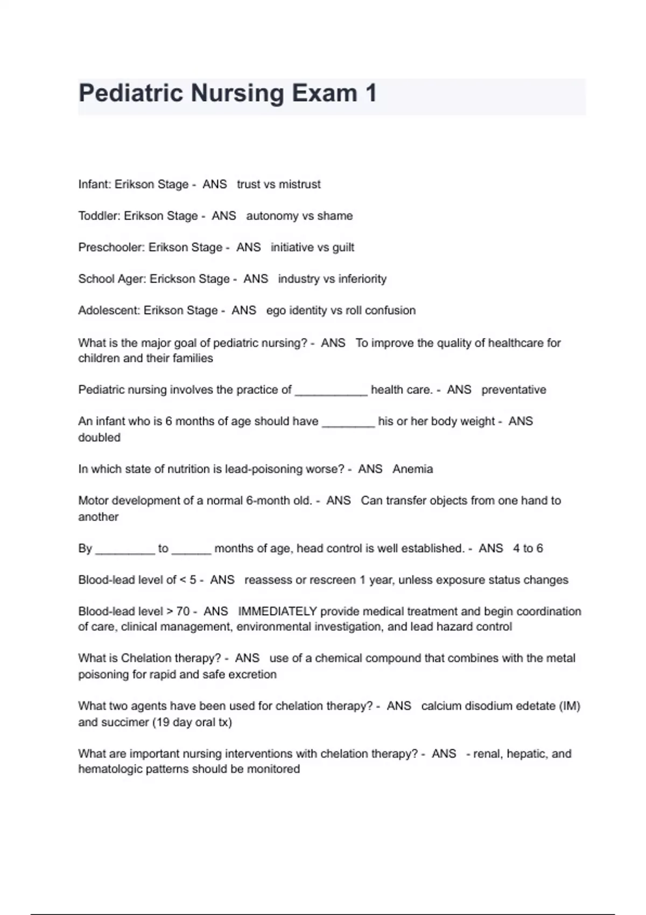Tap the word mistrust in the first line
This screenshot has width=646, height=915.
(x=299, y=184)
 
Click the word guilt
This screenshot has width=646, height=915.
(x=343, y=248)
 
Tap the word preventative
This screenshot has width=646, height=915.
(x=514, y=390)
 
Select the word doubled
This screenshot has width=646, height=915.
(x=99, y=438)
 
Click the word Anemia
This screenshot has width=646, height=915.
(x=412, y=469)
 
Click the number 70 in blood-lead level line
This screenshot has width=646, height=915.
(x=183, y=611)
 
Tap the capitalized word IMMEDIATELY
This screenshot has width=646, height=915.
(x=277, y=611)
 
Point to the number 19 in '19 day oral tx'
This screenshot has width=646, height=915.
(x=162, y=722)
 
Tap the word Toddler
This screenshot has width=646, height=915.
(x=99, y=216)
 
